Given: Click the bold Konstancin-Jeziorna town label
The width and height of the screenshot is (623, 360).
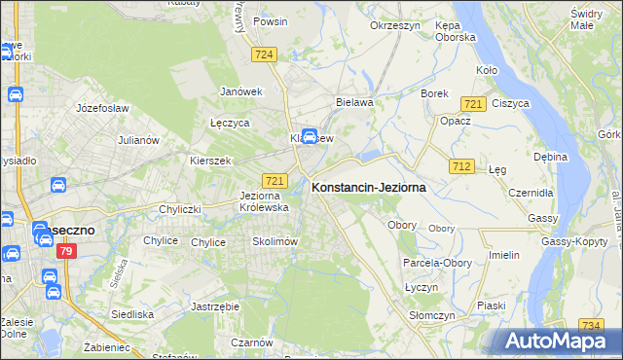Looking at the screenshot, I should pos(368,189).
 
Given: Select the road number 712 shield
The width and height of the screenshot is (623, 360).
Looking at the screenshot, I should pos(462,167).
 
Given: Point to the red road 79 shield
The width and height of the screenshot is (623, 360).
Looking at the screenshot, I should pos(66,252).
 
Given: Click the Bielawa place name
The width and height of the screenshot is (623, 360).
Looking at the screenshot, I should pos(354,101).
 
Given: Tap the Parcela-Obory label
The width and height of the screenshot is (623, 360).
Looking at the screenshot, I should pos(437,263).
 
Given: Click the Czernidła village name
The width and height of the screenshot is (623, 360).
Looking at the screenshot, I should pos(531,193).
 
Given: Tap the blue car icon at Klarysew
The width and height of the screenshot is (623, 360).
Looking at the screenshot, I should pos(310,136).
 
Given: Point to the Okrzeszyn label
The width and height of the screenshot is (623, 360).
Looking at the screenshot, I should pos(394,26).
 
